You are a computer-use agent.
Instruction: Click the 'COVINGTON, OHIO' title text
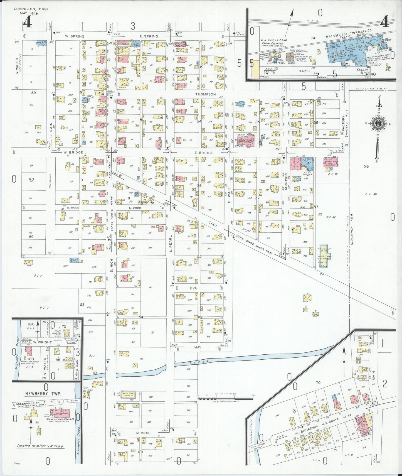(31, 9)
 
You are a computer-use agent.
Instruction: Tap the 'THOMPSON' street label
(205, 94)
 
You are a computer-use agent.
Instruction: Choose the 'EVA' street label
(193, 288)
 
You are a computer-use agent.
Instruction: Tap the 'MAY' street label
(198, 347)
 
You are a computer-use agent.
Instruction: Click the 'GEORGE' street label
(143, 433)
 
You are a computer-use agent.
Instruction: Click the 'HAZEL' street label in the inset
(304, 71)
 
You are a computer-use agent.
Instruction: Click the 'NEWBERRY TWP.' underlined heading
(43, 394)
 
